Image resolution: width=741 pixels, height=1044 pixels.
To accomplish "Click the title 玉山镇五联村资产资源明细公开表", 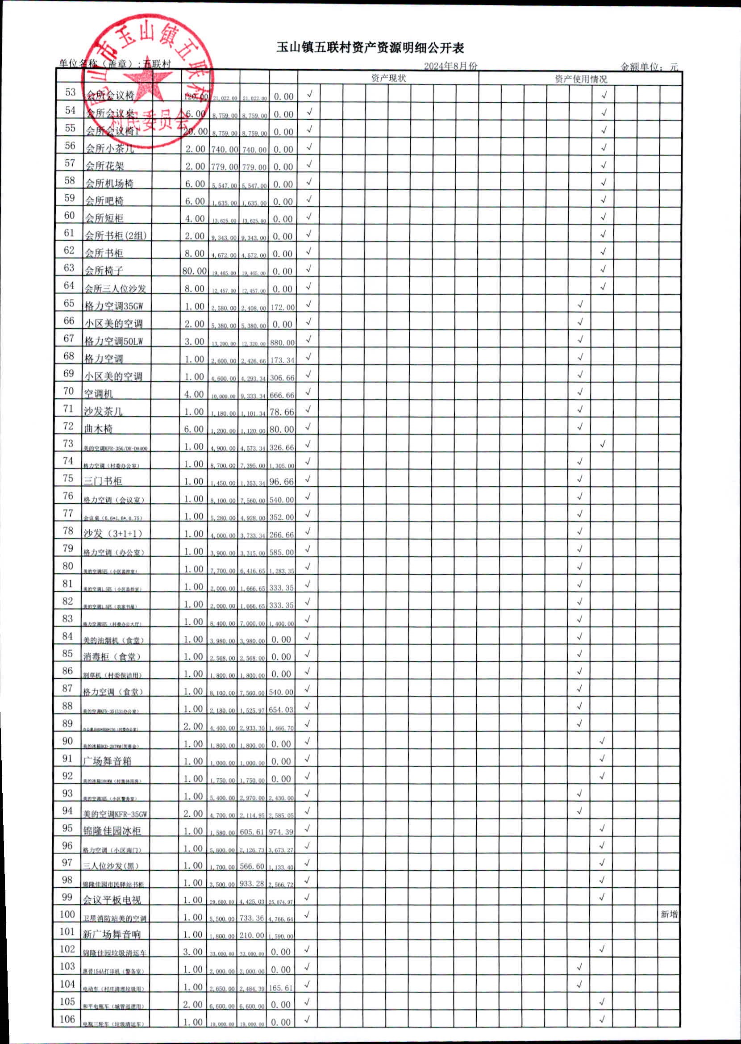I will point(370,47).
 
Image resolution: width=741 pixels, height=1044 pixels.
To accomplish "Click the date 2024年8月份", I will point(450,66).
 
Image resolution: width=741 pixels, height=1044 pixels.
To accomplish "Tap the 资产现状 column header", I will point(388,78).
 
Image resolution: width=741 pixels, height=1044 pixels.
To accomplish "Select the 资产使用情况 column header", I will point(580,79).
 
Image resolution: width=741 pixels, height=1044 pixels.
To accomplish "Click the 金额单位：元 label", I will point(649,67).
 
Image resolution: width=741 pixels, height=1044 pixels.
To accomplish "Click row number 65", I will point(69,303).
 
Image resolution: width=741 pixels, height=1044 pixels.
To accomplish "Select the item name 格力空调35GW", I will point(114,306).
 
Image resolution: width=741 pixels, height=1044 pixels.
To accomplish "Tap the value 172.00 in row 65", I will point(283,307).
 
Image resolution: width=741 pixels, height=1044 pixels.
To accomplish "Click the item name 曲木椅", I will point(98,429).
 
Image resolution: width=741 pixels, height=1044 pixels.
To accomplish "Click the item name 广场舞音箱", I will point(108,760).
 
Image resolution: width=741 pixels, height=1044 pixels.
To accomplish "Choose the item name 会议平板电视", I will point(112,900).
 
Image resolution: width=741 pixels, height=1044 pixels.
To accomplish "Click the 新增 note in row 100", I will point(669,914).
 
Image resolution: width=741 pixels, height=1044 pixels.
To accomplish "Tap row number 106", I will point(67,1019).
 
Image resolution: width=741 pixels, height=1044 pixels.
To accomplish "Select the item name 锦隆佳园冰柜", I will point(112,831).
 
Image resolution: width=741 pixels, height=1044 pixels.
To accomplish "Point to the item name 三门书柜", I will point(103,481).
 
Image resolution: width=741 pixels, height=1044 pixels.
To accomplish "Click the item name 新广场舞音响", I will point(112,935).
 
